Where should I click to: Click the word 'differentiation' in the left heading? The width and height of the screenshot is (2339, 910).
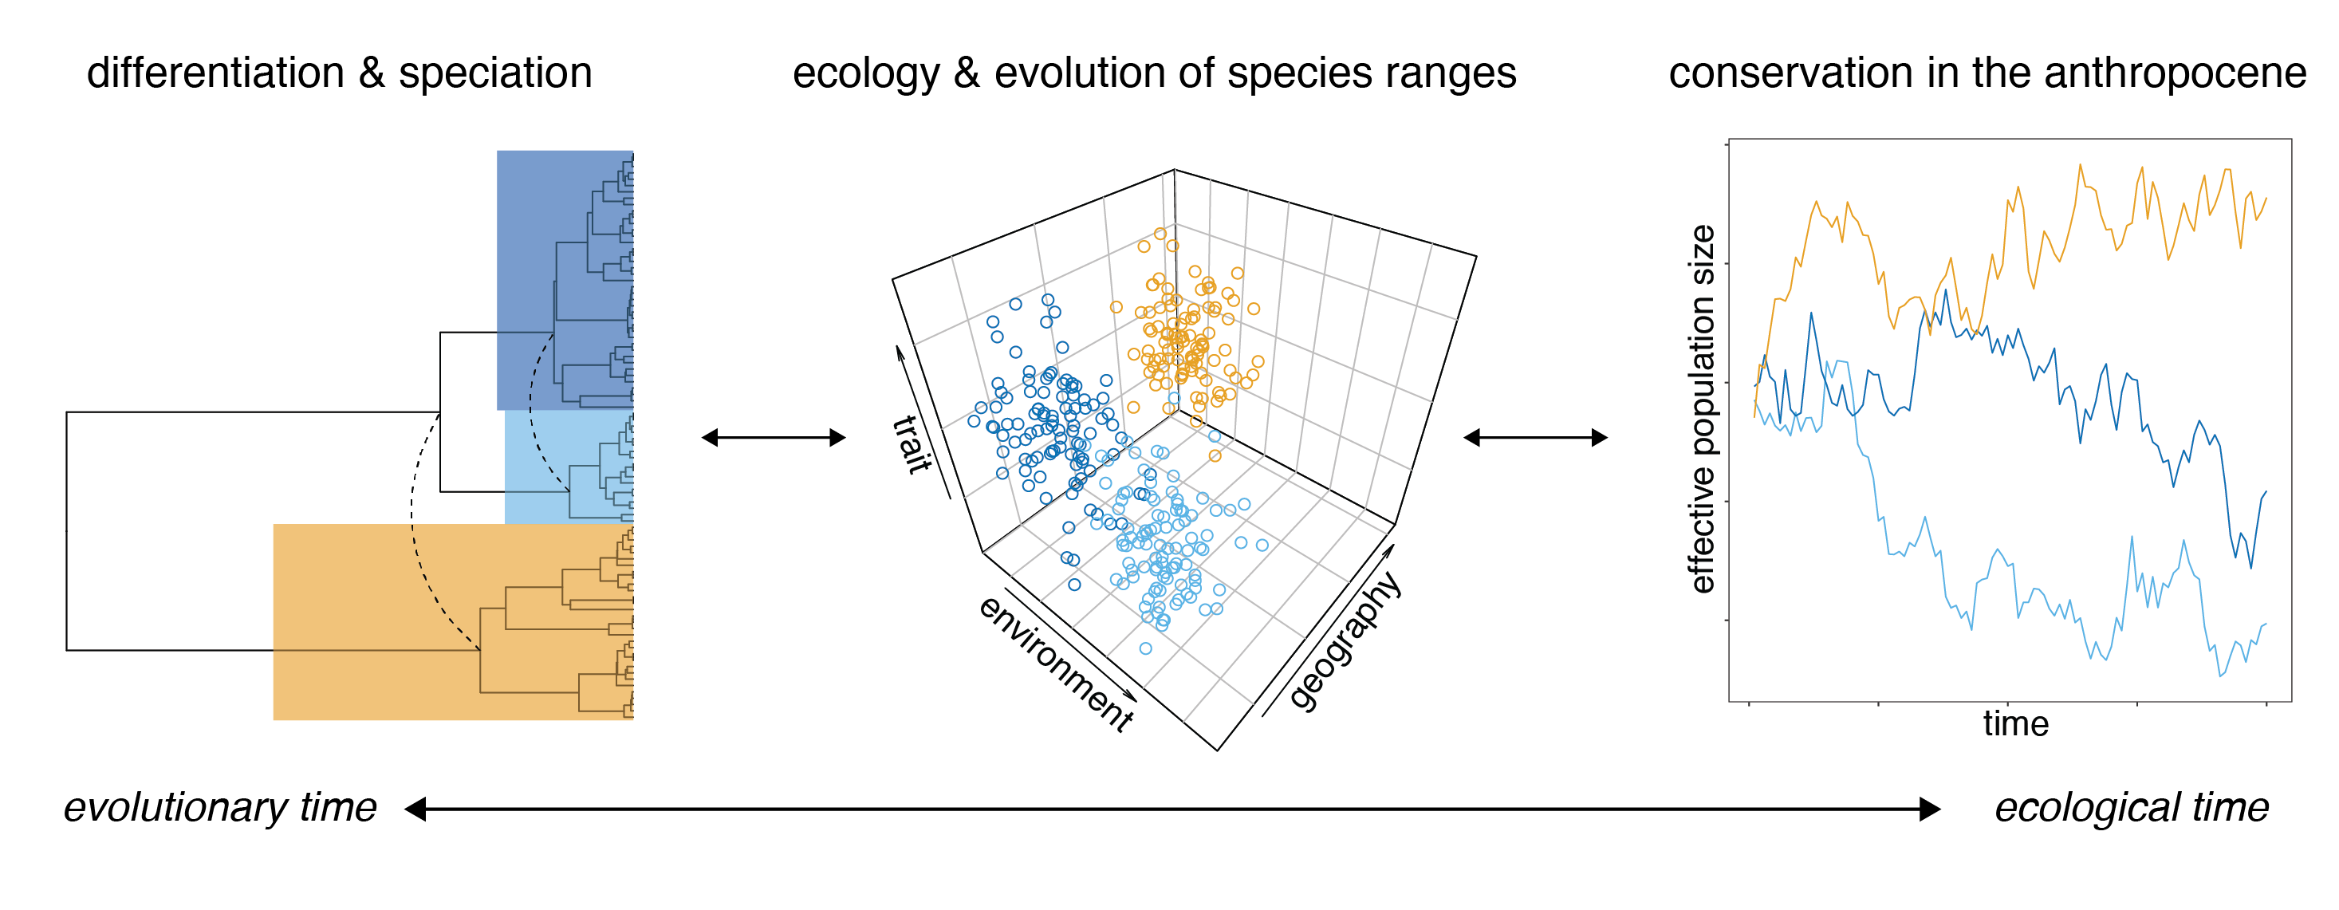tap(215, 73)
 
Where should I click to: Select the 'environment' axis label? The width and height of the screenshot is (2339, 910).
tap(1056, 664)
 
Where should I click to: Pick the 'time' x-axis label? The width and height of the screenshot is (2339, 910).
tap(2016, 724)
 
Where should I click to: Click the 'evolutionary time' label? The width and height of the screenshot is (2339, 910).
tap(220, 807)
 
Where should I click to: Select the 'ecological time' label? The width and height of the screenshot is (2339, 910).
tap(2131, 807)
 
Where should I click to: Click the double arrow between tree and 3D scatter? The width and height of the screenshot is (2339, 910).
tap(774, 438)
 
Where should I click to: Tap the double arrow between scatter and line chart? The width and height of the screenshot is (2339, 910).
tap(1535, 438)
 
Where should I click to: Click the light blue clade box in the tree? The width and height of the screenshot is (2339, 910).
tap(569, 467)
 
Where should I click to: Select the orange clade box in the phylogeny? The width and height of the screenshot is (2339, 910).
tap(453, 622)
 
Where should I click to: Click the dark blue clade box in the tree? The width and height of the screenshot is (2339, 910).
tap(565, 280)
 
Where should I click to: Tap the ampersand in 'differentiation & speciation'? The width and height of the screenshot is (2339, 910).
tap(372, 73)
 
